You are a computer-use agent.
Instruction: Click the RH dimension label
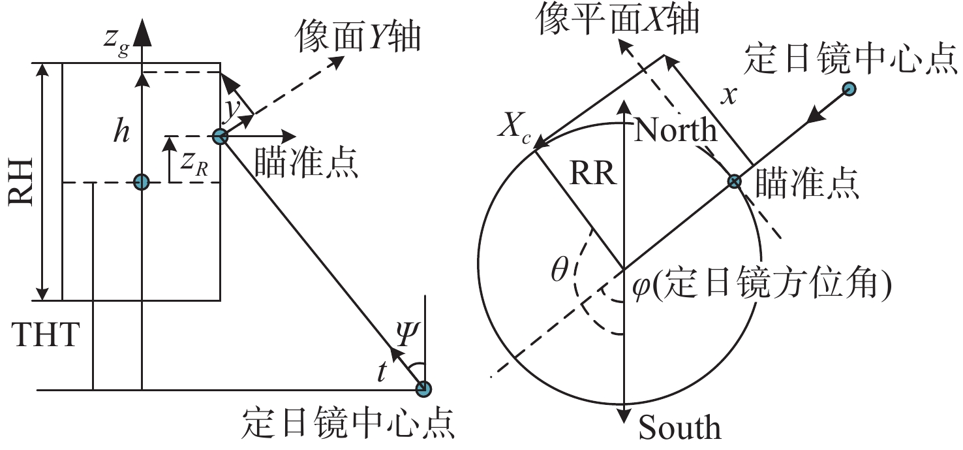pos(22,183)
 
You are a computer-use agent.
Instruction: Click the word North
pos(676,131)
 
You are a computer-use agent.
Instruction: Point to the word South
pos(680,428)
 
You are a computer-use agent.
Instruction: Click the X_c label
pos(514,125)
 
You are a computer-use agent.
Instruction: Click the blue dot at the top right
pos(849,88)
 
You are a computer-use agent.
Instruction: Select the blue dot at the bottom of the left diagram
pos(423,389)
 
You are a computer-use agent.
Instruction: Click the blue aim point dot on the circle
pos(735,182)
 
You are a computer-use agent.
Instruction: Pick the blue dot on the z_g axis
pos(141,182)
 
